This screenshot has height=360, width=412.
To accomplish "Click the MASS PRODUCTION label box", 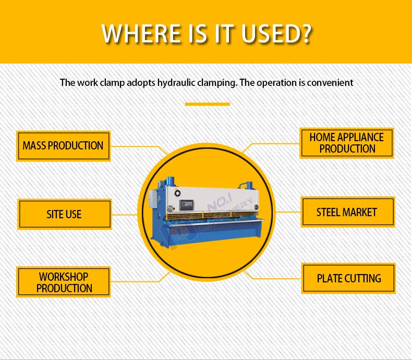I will coord(63,146).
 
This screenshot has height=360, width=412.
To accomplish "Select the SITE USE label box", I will coord(64,214).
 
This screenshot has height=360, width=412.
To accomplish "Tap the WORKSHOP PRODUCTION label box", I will coord(64,282).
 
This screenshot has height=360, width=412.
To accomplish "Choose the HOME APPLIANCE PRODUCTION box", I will coord(347,143).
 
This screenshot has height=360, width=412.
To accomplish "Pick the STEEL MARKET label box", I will coord(347,212).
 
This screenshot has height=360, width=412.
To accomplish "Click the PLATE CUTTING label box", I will coord(348,278).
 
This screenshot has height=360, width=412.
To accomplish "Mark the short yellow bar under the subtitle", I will coord(207,104).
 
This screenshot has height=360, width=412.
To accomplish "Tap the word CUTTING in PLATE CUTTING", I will coord(363,278).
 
